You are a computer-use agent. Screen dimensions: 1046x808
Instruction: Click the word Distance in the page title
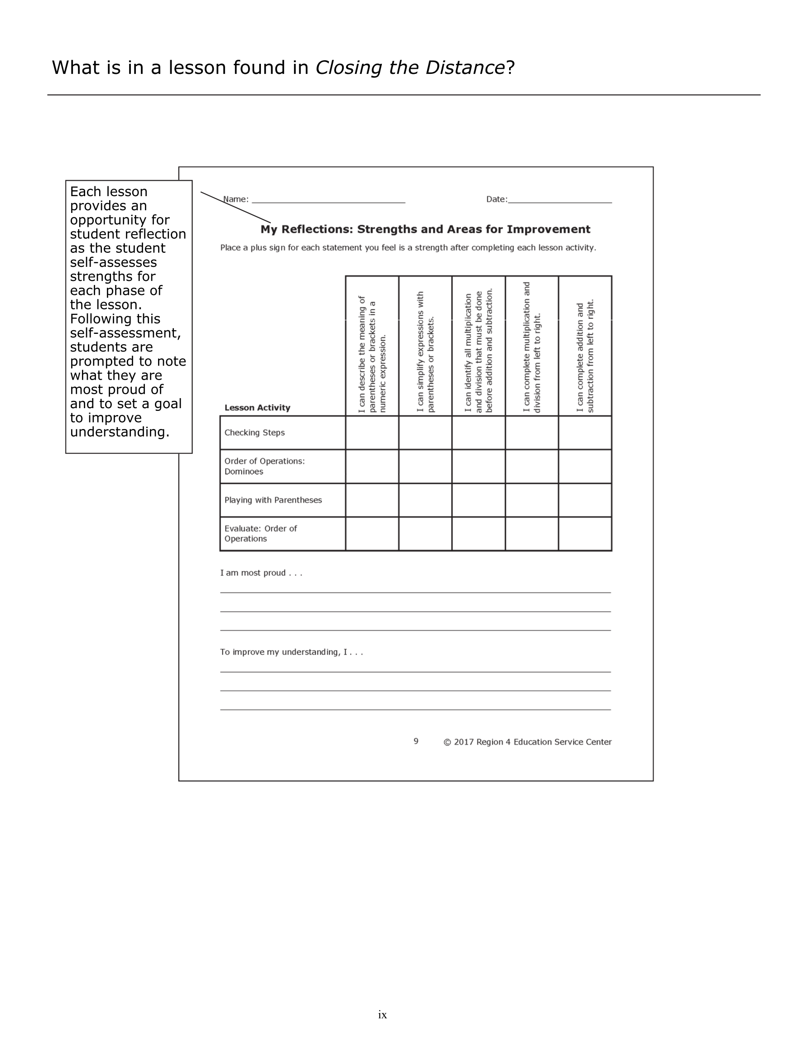464,67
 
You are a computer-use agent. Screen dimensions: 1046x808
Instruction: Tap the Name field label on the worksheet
236,199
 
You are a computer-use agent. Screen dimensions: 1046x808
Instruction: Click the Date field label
496,199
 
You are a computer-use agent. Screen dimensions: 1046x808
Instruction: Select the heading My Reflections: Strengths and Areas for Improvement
425,229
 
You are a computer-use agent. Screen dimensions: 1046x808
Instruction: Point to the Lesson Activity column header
257,408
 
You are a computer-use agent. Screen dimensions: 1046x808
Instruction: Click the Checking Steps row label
255,433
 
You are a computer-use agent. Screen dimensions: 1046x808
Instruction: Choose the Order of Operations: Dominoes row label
265,466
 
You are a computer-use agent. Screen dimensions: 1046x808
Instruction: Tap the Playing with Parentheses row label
273,500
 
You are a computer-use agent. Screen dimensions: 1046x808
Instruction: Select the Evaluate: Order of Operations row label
260,534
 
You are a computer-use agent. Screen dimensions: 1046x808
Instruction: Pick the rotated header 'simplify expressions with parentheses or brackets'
425,352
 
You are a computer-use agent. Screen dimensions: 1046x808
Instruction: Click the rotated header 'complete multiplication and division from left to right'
532,347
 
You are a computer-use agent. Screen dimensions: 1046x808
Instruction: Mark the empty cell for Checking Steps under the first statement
372,433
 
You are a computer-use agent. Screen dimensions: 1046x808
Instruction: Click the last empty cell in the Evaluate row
585,534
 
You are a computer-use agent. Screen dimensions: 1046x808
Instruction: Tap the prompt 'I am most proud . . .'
261,573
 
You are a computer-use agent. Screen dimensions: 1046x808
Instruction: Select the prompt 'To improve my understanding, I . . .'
291,652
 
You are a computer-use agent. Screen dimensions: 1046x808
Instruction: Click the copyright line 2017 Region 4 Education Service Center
527,742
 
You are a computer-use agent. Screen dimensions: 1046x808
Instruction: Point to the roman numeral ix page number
382,1014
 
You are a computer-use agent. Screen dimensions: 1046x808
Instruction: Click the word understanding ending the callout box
119,432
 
